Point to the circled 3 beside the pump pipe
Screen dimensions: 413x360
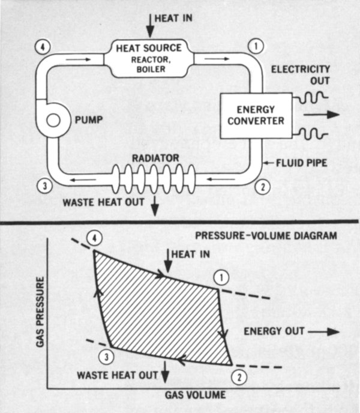click(41, 185)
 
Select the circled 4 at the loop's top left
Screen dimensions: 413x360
click(41, 45)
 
